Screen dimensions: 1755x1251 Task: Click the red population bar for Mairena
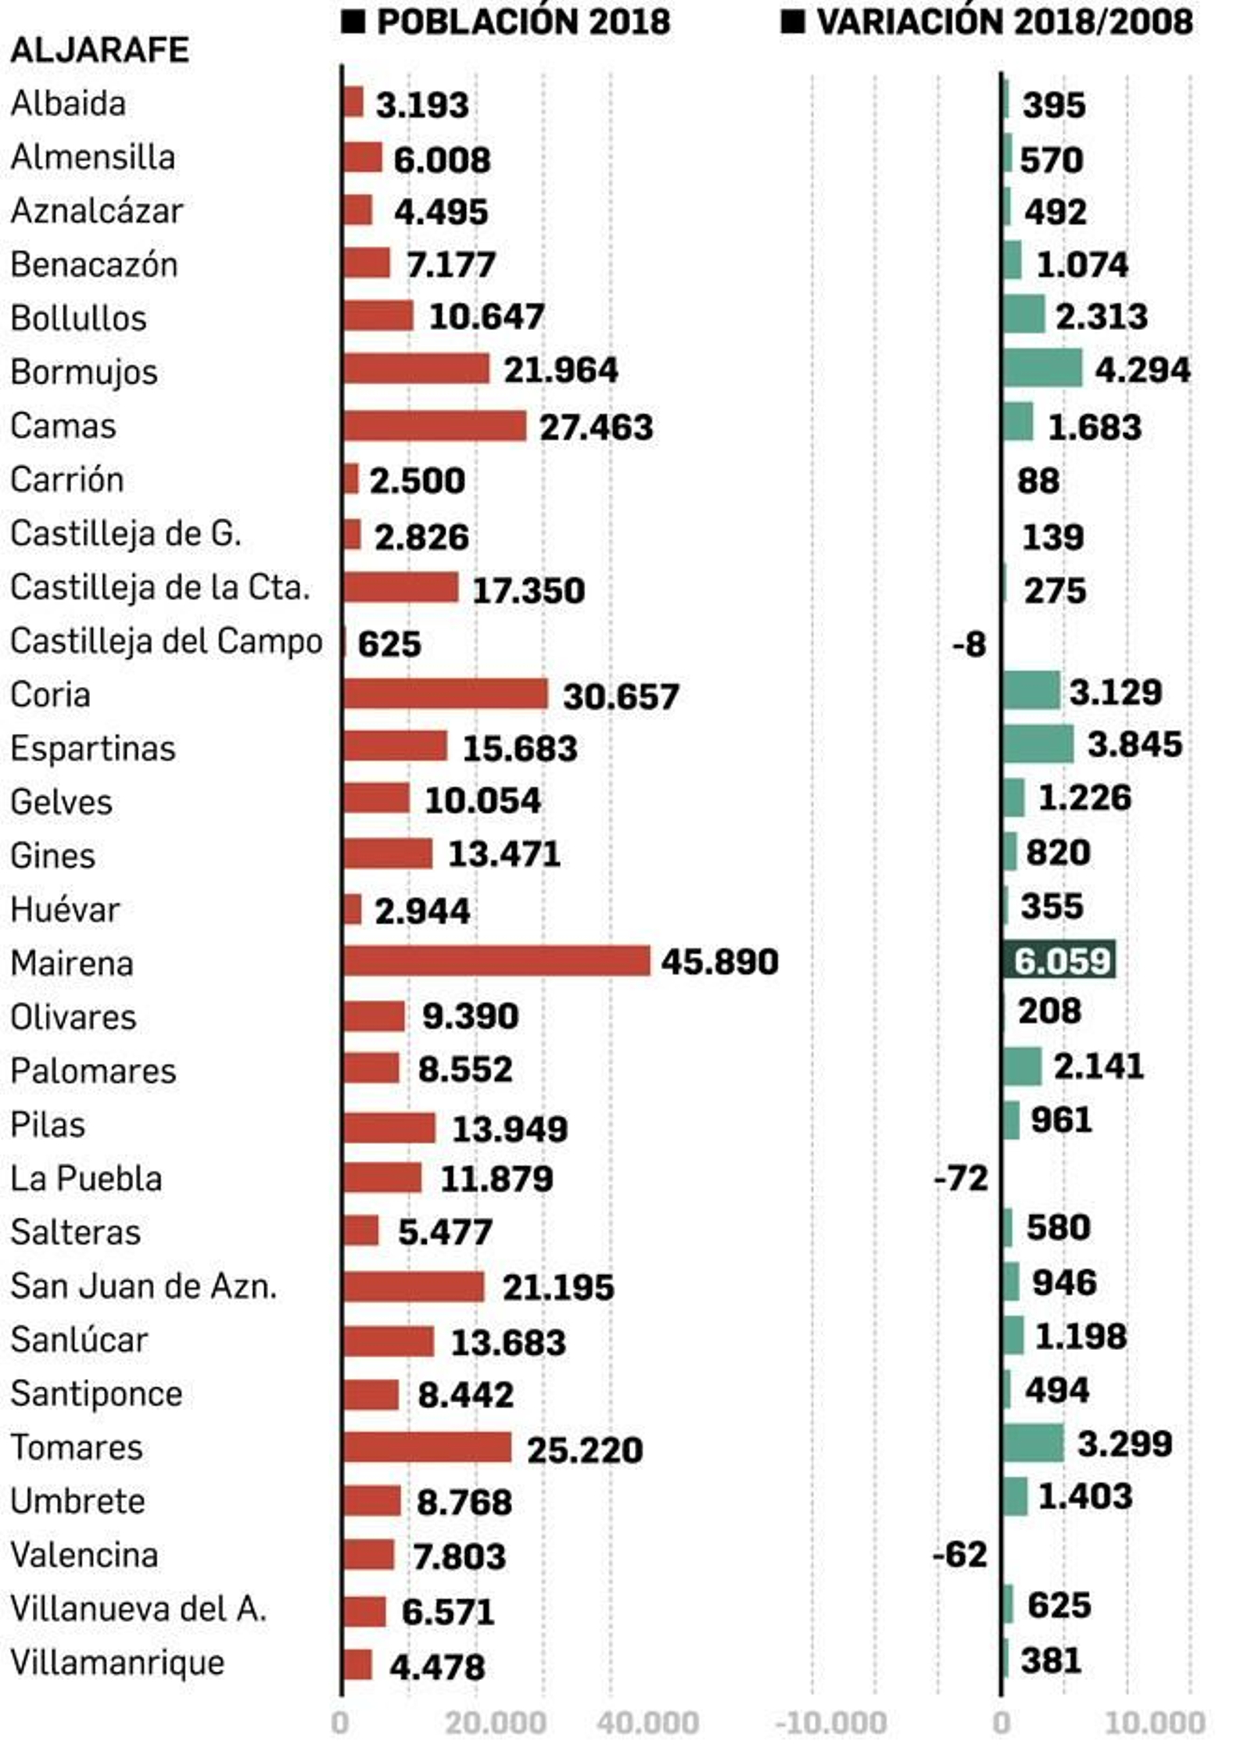tap(496, 961)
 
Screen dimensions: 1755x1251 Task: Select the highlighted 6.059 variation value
tap(1061, 961)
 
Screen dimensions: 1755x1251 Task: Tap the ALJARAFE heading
tap(99, 51)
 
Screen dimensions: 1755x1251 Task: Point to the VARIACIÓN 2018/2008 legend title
tap(1004, 22)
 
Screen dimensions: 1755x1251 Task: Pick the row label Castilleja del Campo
tap(166, 641)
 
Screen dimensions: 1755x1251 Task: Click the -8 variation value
tap(969, 645)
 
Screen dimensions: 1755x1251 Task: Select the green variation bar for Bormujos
tap(1042, 368)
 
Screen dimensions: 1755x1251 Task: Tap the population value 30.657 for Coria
tap(621, 696)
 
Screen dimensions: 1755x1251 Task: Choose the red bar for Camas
tap(435, 426)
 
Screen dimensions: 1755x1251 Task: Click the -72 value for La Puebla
tap(960, 1177)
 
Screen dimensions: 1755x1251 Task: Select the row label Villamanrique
tap(117, 1662)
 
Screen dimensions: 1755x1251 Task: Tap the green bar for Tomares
tap(1034, 1442)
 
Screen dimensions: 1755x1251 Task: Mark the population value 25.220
tap(585, 1450)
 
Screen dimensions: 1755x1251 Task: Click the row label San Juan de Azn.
tap(144, 1286)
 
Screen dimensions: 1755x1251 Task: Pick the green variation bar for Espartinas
tap(1038, 743)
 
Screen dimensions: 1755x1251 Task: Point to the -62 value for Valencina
tap(959, 1554)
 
